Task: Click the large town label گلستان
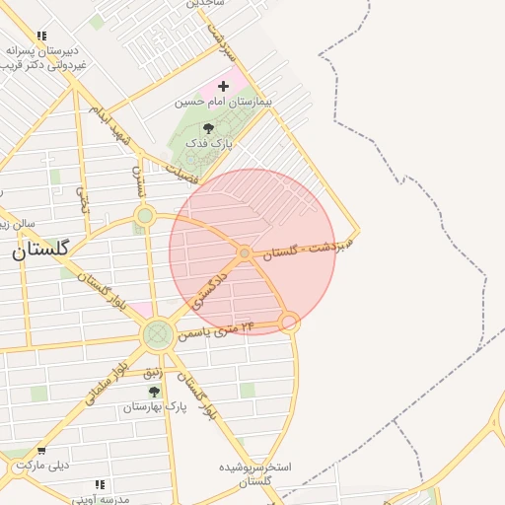(x=40, y=251)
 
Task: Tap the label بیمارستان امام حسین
(x=223, y=102)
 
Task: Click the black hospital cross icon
(x=223, y=86)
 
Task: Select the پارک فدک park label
(x=207, y=143)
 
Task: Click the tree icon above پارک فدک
(x=207, y=128)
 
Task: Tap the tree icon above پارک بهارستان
(x=154, y=392)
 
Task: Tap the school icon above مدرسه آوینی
(x=99, y=484)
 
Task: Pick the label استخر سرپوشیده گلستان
(x=255, y=473)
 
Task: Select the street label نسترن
(x=139, y=179)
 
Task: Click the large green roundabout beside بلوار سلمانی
(x=157, y=335)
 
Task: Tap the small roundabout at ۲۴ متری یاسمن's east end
(x=289, y=322)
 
